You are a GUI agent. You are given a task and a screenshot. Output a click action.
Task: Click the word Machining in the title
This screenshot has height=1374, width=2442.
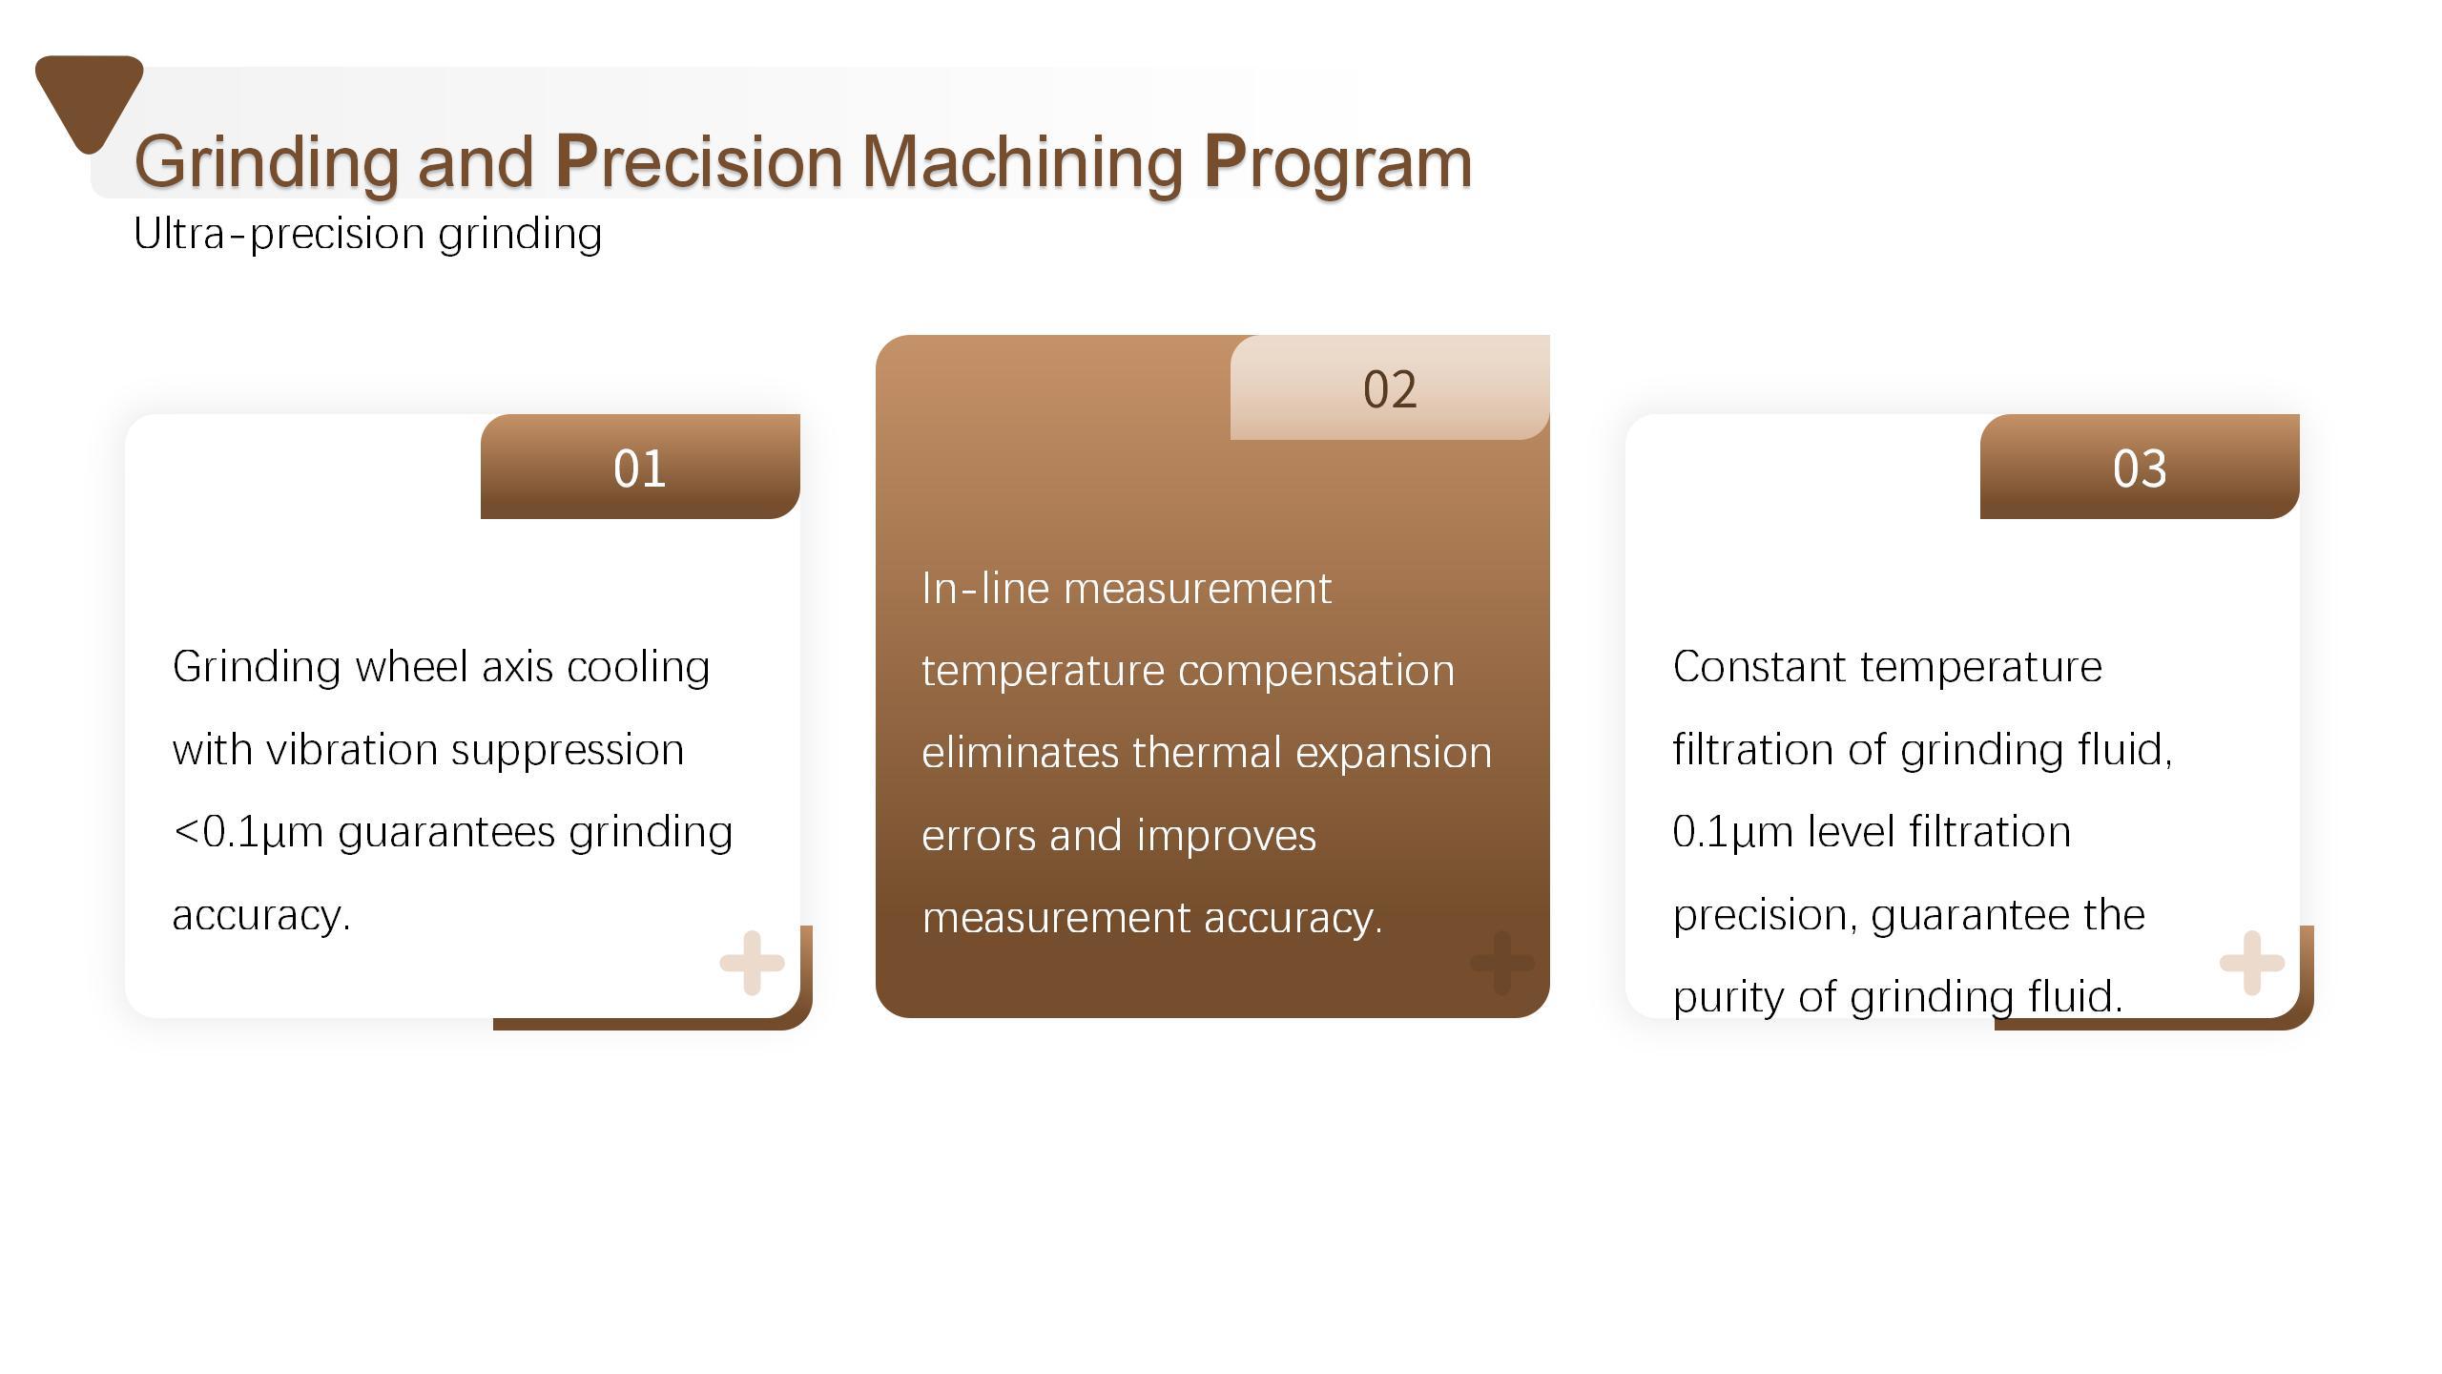(x=1023, y=161)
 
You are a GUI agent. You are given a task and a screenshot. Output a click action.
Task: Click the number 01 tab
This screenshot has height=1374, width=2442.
(x=640, y=467)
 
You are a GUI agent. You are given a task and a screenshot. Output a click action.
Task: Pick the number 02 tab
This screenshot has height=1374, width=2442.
(x=1390, y=387)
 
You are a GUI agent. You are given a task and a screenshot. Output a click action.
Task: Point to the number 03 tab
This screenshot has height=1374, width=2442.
(x=2140, y=467)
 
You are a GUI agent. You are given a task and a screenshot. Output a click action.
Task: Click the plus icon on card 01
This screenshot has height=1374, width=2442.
(x=752, y=963)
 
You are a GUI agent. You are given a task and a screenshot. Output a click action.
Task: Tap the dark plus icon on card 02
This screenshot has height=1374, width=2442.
(x=1502, y=963)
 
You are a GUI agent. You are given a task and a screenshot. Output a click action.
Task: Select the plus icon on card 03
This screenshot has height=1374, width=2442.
(x=2252, y=963)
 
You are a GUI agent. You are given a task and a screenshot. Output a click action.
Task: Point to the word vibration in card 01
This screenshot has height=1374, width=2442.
(x=352, y=749)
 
